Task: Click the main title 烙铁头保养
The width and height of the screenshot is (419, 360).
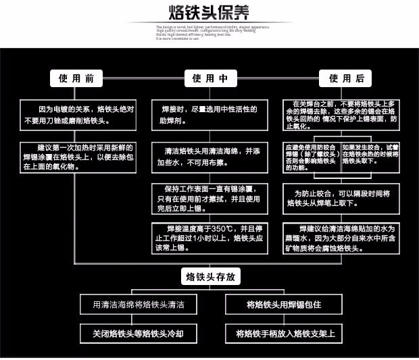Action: (x=209, y=13)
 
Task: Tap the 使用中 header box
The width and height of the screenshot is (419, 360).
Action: (x=209, y=78)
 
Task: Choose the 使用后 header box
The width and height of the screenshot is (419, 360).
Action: (x=345, y=78)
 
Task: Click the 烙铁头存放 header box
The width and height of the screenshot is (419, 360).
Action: (x=209, y=277)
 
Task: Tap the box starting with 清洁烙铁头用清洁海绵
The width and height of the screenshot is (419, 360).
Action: (x=209, y=157)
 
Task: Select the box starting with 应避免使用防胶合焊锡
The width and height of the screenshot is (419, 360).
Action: (x=311, y=155)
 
